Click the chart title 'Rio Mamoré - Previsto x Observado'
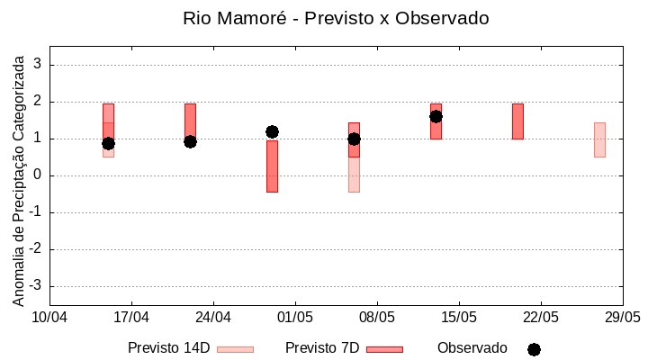coord(336,18)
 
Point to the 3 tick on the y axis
coord(38,65)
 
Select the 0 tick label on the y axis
coord(38,175)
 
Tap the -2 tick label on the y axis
coord(35,249)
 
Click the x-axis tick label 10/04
coord(49,317)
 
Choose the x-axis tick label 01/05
coord(295,317)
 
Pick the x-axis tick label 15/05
coord(459,317)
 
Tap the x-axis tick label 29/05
coord(622,317)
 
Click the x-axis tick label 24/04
coord(213,317)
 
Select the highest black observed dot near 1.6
coord(436,116)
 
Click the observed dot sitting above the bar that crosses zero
coord(272,131)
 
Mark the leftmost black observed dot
coord(108,143)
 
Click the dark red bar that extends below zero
coord(272,166)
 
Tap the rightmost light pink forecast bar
coord(599,139)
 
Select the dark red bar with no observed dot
coord(517,121)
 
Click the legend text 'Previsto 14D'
coord(168,348)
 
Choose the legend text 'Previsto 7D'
coord(322,348)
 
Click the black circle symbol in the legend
coord(534,349)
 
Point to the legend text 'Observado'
coord(472,348)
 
